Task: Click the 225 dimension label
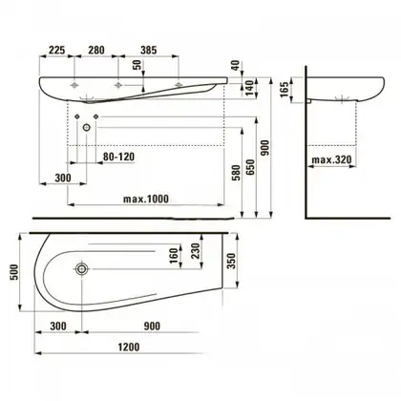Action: click(56, 50)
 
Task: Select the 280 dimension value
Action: click(95, 50)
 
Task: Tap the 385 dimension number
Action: click(148, 50)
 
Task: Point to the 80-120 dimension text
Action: click(118, 157)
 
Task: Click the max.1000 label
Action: click(146, 199)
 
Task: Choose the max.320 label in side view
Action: click(331, 159)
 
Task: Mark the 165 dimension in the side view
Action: click(285, 89)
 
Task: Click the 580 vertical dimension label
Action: click(236, 173)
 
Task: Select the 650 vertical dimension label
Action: click(251, 167)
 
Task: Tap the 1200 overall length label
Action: click(129, 347)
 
